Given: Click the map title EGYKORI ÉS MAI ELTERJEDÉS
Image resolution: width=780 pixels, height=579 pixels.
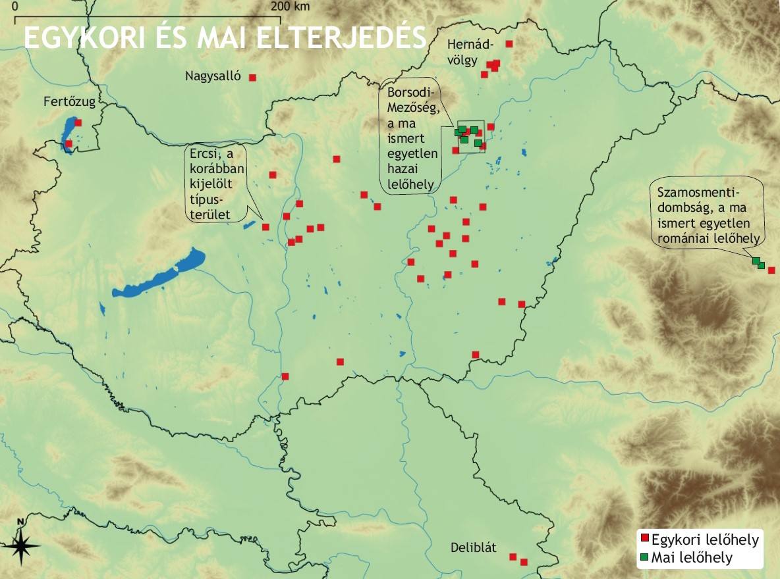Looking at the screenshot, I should tap(224, 38).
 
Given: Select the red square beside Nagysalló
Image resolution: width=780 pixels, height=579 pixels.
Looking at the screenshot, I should tap(252, 78).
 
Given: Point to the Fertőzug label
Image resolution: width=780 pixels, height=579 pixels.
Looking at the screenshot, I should tap(69, 102).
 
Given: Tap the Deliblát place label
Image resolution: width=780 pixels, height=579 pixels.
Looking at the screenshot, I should tap(473, 548).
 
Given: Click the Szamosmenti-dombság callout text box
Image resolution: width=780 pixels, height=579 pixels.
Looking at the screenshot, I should tap(707, 212).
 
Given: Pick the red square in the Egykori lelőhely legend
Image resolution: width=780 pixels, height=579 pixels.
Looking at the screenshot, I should tap(645, 540).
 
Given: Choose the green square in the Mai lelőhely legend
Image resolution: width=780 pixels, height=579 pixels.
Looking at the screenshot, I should tap(645, 557).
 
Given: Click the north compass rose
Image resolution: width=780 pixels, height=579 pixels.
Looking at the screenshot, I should tap(21, 544).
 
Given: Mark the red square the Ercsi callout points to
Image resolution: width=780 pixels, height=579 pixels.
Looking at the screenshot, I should tap(265, 227).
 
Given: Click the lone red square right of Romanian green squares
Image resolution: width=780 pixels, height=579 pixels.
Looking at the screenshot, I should tap(771, 270).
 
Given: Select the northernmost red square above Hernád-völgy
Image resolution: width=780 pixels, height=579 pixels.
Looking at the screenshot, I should tap(509, 44).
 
